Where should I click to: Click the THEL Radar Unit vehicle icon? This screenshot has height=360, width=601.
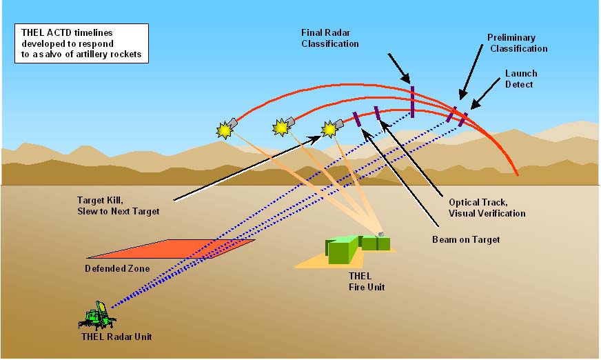[97, 316]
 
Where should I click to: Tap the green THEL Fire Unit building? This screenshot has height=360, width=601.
[357, 248]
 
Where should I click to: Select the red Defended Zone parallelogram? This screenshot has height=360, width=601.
[171, 249]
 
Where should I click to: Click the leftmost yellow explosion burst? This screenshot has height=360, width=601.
[224, 130]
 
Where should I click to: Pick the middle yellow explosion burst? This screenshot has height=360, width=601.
[281, 128]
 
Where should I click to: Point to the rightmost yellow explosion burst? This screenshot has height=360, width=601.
[329, 129]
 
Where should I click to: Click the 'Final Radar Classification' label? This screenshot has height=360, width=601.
[329, 39]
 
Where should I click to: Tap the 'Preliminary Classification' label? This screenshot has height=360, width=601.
[517, 43]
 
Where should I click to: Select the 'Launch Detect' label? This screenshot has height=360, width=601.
[520, 79]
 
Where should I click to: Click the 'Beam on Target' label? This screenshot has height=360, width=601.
[466, 239]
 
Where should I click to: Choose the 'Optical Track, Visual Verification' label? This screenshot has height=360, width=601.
[487, 208]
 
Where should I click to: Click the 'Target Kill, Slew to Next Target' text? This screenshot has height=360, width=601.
[118, 206]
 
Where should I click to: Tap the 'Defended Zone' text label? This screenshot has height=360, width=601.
[117, 268]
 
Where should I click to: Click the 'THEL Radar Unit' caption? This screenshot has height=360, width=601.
[116, 337]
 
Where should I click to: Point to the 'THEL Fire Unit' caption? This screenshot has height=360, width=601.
[367, 281]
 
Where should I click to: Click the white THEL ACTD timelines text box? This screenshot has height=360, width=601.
[81, 43]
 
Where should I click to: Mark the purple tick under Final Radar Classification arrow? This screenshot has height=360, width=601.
[412, 101]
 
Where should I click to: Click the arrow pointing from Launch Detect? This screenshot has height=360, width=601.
[485, 94]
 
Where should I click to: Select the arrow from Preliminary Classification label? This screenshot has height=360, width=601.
[471, 72]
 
